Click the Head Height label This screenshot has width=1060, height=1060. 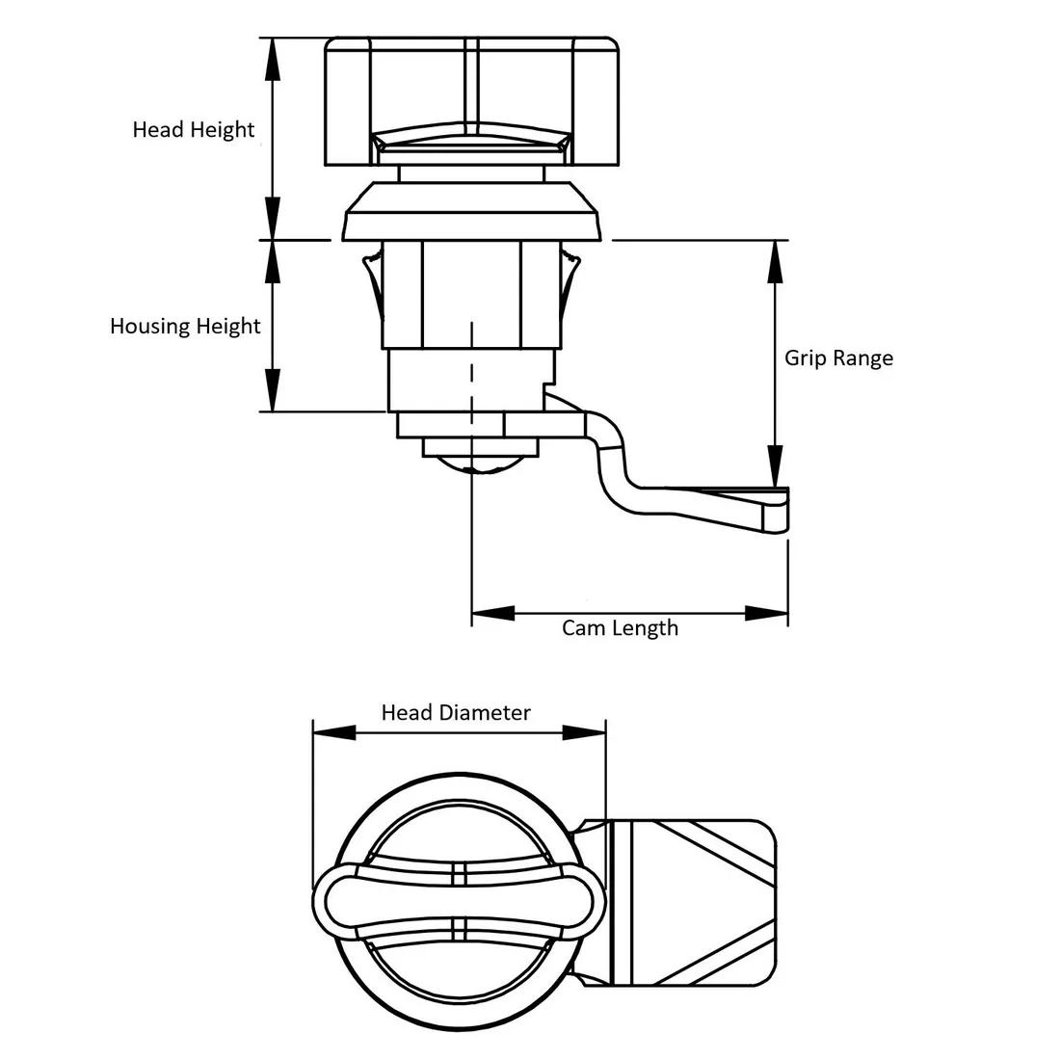(x=194, y=129)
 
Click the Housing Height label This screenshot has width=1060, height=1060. (x=185, y=326)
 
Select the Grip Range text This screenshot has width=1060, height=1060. (x=838, y=358)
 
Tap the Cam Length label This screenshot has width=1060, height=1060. (x=620, y=628)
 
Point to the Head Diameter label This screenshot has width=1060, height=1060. (x=456, y=712)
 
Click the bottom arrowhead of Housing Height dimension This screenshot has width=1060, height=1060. (x=272, y=389)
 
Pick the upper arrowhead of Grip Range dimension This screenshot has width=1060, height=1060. (x=776, y=261)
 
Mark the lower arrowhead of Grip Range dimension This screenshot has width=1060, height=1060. (x=776, y=465)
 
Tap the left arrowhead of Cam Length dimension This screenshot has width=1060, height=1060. (x=492, y=613)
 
